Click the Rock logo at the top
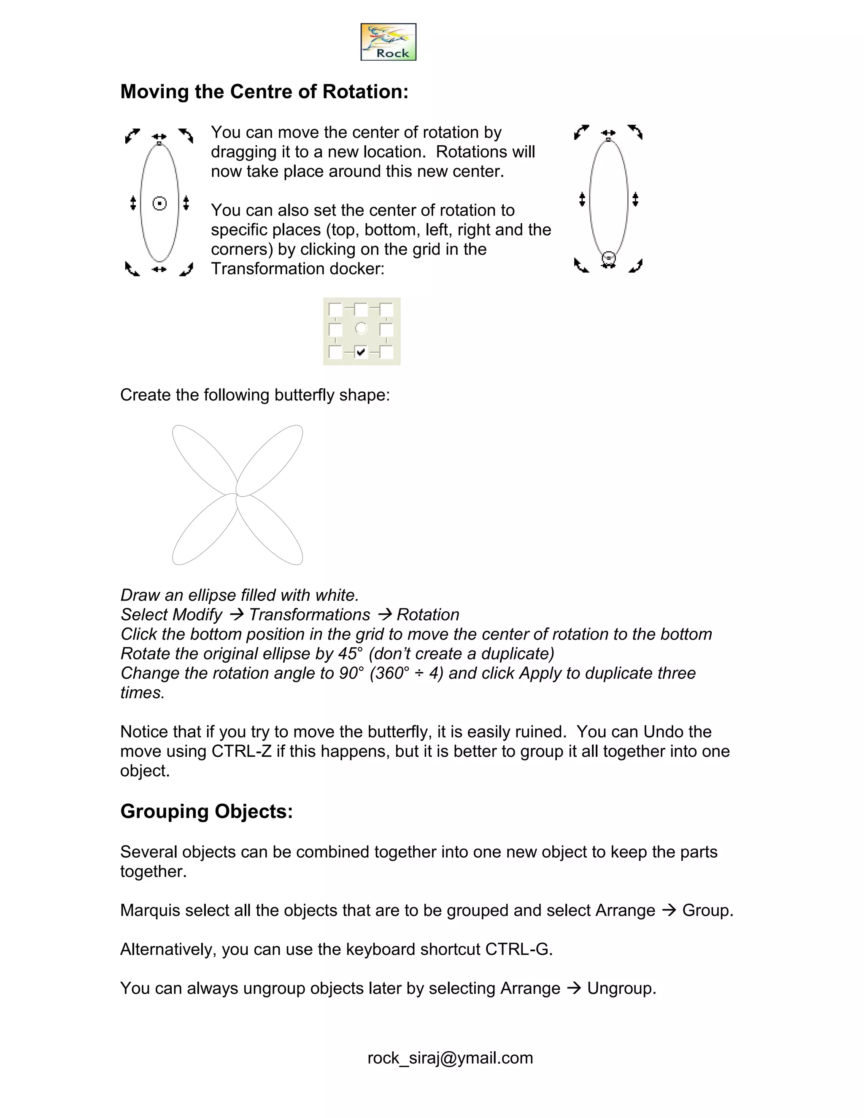tap(388, 42)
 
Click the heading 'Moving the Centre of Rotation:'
tap(264, 92)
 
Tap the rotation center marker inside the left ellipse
tap(160, 204)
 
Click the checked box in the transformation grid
tap(361, 352)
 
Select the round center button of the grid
tap(362, 328)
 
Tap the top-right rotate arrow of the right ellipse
tap(635, 132)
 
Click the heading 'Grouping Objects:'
tap(206, 811)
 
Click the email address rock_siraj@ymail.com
tap(450, 1058)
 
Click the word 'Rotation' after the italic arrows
tap(428, 615)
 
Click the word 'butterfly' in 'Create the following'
tap(304, 395)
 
